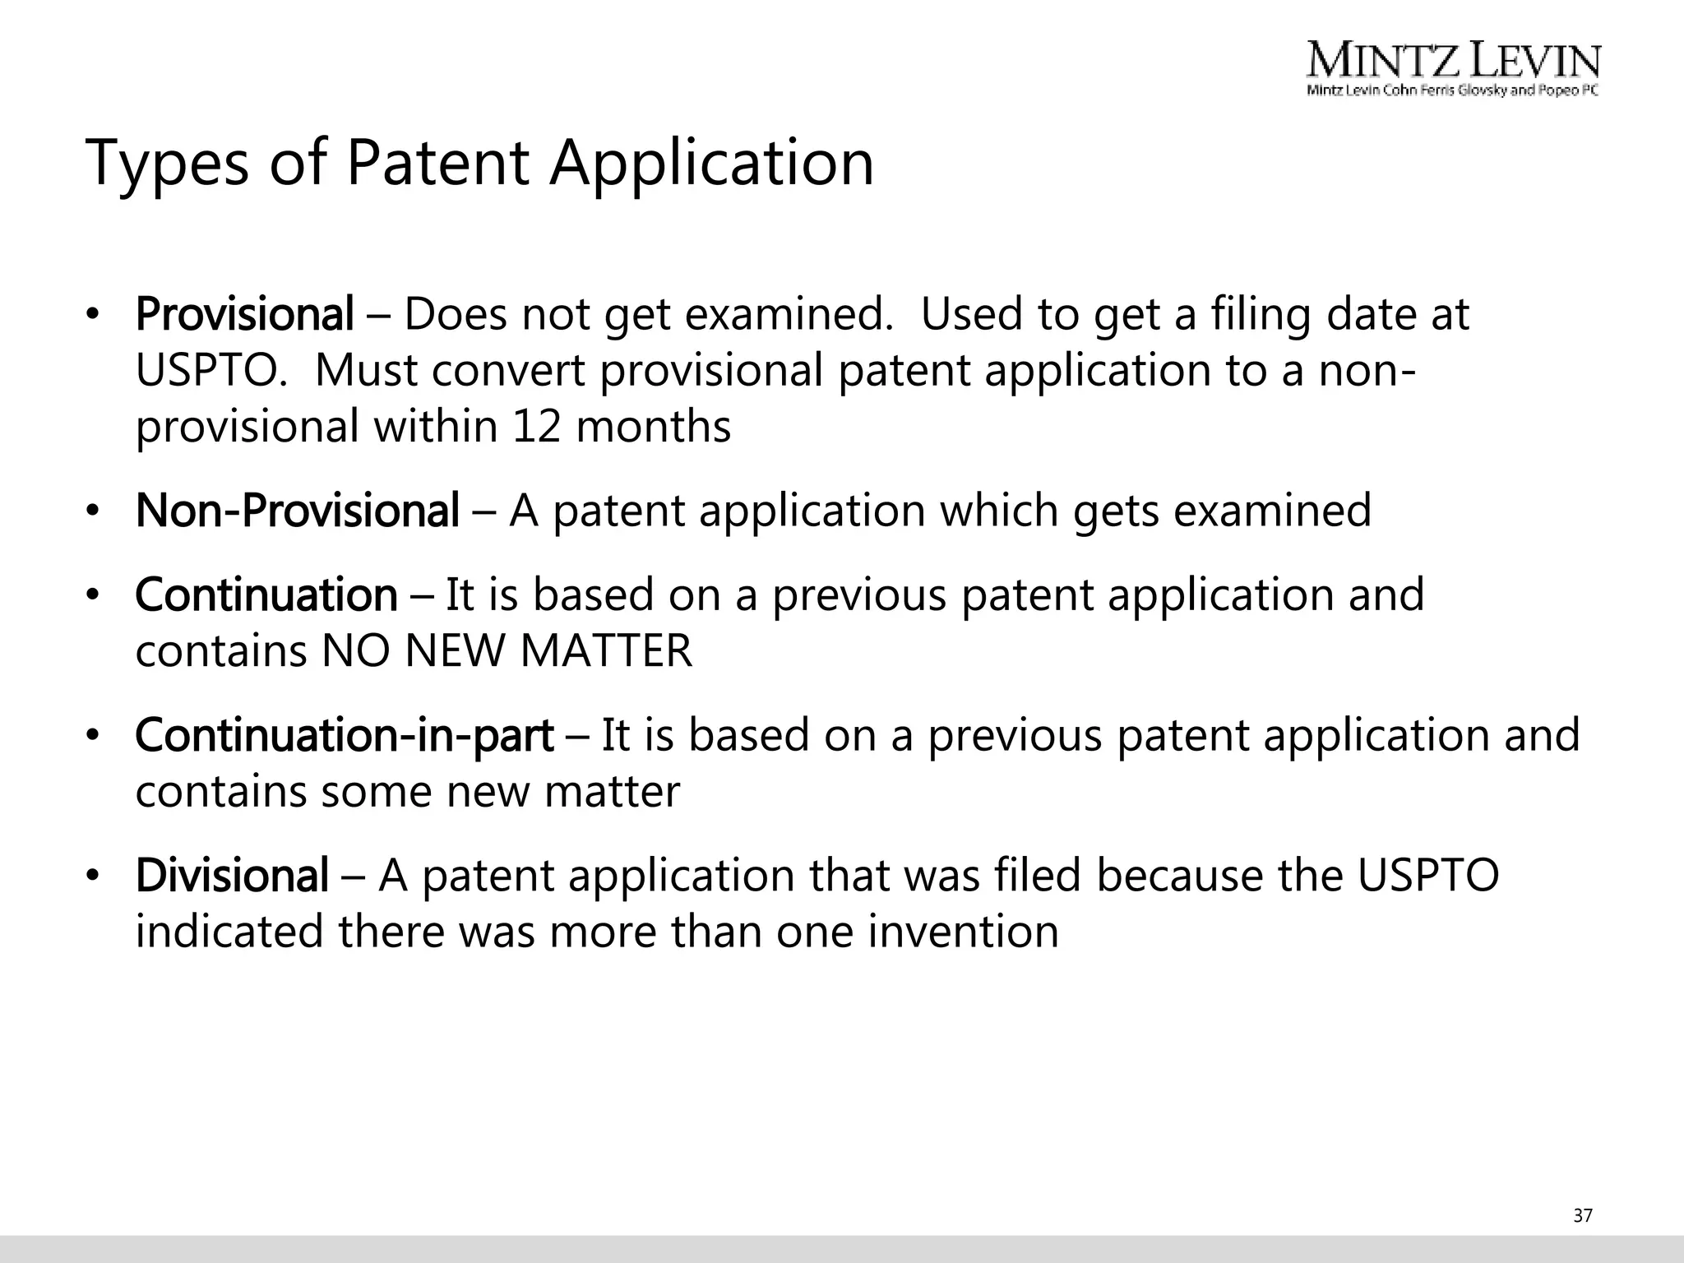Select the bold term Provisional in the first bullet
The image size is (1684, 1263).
[x=244, y=314]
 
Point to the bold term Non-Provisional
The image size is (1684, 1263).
[x=297, y=511]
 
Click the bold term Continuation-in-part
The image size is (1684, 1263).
[x=344, y=735]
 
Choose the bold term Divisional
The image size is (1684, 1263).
[x=232, y=876]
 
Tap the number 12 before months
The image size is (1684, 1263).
[x=536, y=427]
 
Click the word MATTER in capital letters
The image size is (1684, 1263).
[x=606, y=651]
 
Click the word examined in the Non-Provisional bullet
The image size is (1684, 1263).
[x=1272, y=511]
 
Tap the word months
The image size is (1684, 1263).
[x=653, y=427]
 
